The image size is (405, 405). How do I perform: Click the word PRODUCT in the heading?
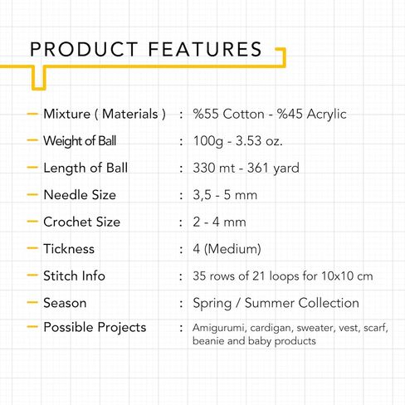tap(84, 49)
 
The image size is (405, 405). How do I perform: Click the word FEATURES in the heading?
tap(205, 49)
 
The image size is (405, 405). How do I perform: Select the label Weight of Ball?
tap(80, 141)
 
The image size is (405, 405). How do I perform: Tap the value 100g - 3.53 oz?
tap(237, 141)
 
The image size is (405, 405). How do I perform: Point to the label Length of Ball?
tap(85, 168)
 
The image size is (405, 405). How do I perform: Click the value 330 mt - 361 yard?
tap(246, 168)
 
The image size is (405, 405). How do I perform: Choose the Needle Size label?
tap(80, 195)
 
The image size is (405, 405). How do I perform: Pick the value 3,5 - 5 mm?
tap(225, 195)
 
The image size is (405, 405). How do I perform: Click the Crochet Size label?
tap(82, 222)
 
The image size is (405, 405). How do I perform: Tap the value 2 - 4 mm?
tap(219, 222)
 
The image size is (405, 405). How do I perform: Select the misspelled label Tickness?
tap(69, 249)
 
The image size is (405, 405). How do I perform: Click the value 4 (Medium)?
tap(227, 249)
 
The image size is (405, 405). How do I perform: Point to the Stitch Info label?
tap(74, 276)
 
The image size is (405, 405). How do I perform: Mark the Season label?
tap(65, 303)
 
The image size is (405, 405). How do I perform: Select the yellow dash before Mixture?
tap(32, 114)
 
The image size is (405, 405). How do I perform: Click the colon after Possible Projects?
tap(181, 328)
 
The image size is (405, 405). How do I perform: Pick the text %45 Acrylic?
tap(312, 115)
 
